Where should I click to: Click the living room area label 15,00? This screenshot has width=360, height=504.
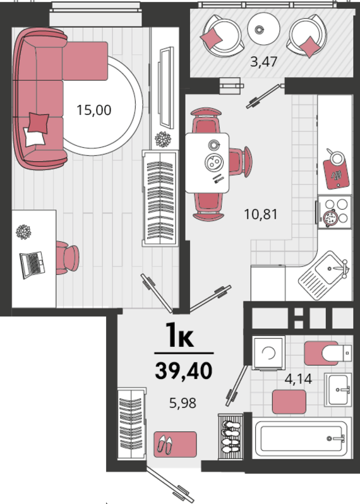pos(94,110)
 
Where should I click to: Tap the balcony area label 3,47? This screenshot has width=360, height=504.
pos(263,61)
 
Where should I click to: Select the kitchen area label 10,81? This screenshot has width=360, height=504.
pos(261,213)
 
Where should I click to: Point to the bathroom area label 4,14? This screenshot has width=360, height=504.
pos(298,379)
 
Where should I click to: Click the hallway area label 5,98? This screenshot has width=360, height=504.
pos(183,403)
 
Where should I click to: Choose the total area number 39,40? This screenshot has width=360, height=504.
pos(184,370)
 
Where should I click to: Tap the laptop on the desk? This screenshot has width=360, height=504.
pos(32,265)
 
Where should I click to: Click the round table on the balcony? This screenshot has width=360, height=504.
pos(263,28)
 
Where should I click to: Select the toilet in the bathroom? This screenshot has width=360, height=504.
pos(328,353)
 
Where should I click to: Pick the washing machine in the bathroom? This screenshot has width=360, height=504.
pos(268,353)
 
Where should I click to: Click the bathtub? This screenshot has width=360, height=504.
pos(301,438)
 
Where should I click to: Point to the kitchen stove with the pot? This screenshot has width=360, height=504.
pos(334,212)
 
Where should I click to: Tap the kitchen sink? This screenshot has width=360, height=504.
pos(324,275)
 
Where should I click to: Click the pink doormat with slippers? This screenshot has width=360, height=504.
pos(175,445)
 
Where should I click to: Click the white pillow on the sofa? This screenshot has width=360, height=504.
pos(33,138)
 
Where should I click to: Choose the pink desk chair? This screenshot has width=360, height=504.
pos(67,258)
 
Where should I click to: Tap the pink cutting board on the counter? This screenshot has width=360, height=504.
pos(336,173)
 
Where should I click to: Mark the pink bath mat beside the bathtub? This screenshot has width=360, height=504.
pos(289,402)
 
